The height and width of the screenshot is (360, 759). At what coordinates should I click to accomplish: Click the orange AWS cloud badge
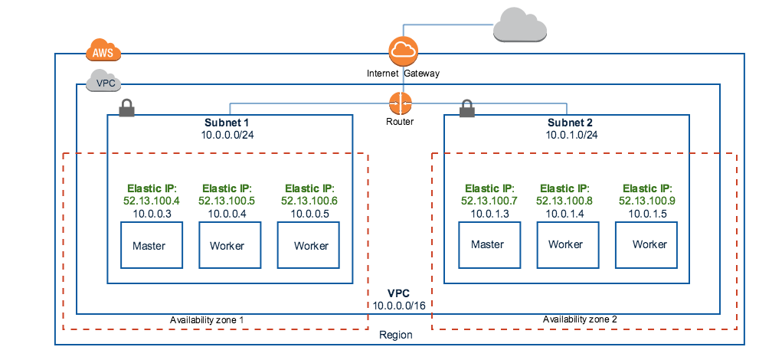point(102,51)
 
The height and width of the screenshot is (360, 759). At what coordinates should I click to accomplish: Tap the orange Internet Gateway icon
point(403,52)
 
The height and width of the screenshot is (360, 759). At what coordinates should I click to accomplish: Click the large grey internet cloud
point(520,25)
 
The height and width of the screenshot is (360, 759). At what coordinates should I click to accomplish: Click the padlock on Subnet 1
point(126,108)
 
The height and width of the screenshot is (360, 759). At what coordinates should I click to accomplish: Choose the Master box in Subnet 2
point(487,244)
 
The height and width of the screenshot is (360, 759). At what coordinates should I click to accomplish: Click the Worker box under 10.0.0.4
point(226,245)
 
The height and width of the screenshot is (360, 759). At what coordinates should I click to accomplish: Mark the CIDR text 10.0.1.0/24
point(570,134)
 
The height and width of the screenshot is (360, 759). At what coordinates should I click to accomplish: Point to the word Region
point(396,335)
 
